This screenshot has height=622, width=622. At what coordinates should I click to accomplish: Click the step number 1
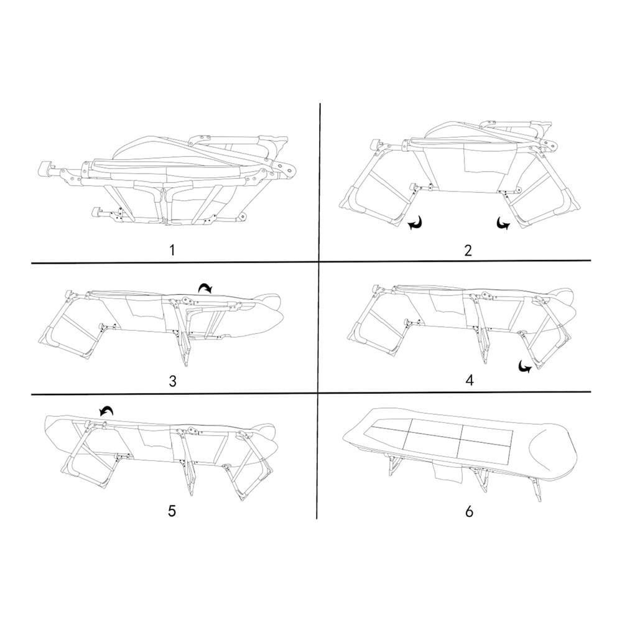tap(172, 250)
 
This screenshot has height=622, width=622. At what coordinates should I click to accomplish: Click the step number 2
tap(468, 250)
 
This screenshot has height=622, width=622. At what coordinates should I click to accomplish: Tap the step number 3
tap(172, 381)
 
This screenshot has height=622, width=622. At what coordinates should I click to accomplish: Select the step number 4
tap(469, 381)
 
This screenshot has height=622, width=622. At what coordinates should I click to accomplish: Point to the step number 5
tap(172, 511)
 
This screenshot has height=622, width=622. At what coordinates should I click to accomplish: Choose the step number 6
tap(469, 511)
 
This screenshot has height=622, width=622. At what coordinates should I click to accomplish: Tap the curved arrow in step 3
tap(205, 288)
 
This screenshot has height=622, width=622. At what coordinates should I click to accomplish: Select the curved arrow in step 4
tap(526, 366)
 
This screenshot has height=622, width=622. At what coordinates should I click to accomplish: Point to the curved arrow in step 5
tap(106, 411)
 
